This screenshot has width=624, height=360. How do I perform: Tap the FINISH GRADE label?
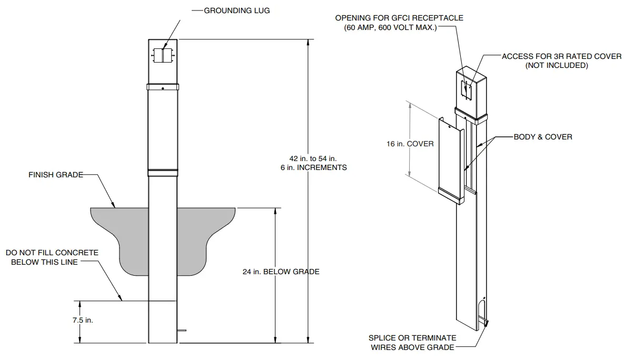(x=56, y=175)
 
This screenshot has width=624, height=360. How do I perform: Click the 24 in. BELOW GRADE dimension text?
(x=281, y=272)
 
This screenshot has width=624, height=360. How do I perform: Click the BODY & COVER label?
(x=543, y=137)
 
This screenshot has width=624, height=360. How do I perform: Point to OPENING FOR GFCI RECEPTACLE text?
(x=399, y=18)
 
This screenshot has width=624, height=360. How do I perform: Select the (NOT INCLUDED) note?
(x=557, y=65)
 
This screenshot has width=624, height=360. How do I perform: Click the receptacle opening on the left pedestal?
(x=163, y=54)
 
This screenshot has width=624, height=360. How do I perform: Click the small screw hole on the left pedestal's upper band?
(x=163, y=88)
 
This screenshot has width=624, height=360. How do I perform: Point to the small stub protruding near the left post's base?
(x=182, y=331)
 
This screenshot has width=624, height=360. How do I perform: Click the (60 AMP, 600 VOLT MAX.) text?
(x=390, y=27)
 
